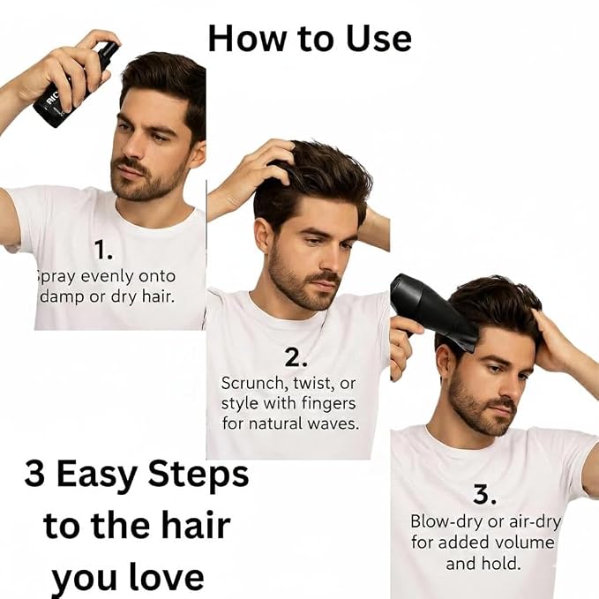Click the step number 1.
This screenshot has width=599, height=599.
102,251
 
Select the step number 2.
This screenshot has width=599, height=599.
296,357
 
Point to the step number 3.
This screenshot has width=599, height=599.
484,494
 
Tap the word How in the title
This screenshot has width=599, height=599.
247,39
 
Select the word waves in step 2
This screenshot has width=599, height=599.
333,423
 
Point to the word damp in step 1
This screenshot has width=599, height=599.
63,297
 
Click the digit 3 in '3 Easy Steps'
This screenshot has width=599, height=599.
34,474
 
